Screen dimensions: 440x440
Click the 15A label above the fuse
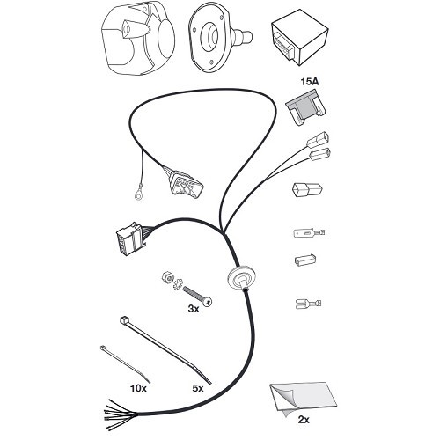pos(309,82)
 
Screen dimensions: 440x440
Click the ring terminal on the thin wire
pos(139,194)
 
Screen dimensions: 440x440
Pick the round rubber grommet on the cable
pos(242,278)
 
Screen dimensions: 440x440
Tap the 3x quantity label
pos(194,308)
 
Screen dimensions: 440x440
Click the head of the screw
pos(208,302)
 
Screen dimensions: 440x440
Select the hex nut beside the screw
pos(166,276)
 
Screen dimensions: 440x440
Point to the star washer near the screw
pos(178,284)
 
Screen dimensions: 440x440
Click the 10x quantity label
pos(138,388)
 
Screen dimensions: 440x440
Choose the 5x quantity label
pos(198,388)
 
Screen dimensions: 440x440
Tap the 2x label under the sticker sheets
pos(304,420)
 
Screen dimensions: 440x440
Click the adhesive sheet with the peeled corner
pos(303,399)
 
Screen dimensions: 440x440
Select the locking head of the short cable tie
pos(103,348)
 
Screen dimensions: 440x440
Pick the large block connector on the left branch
pos(129,240)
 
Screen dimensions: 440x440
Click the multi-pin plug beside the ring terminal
pos(186,186)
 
